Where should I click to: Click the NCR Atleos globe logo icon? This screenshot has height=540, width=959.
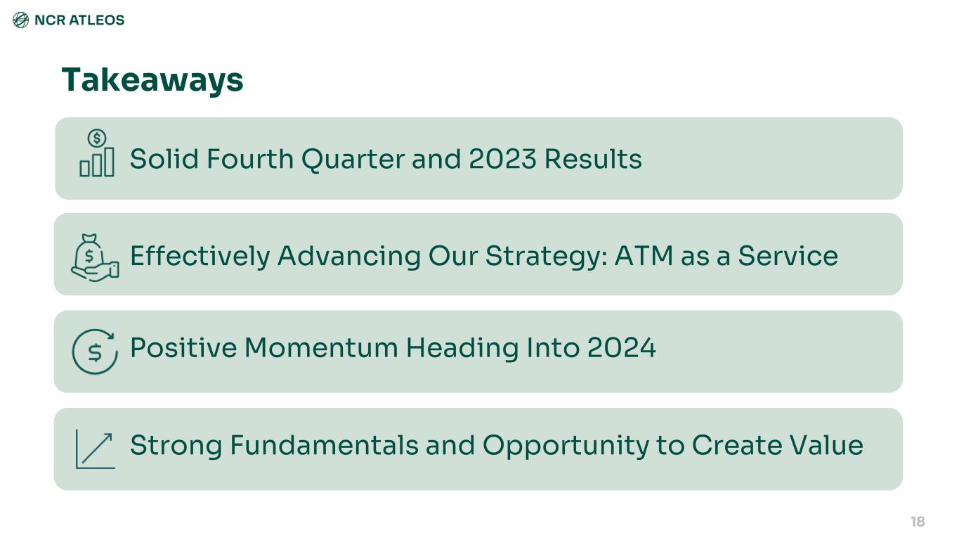[20, 20]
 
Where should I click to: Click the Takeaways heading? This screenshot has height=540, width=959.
[152, 81]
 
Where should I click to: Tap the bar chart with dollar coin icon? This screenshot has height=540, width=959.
[97, 153]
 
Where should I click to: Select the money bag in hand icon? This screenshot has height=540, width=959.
[95, 257]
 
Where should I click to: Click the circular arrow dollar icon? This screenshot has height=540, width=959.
[95, 352]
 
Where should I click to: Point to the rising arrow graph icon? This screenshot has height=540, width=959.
[96, 449]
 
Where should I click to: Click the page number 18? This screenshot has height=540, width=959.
[918, 522]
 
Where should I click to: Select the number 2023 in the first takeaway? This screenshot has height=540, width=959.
[502, 159]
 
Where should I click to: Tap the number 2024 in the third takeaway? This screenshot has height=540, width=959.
[621, 347]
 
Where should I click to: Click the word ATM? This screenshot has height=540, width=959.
[644, 256]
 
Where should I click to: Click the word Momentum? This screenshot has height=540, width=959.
[321, 347]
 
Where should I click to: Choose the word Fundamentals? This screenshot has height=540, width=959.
[324, 445]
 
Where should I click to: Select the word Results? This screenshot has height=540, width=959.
[593, 159]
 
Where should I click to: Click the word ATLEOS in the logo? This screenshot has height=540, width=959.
[97, 20]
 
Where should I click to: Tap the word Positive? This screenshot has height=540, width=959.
[183, 347]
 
